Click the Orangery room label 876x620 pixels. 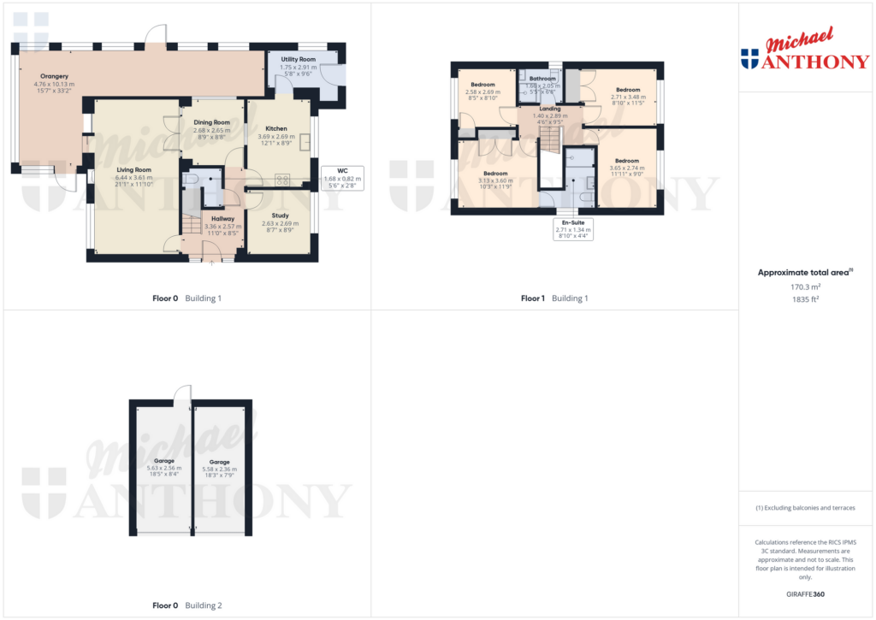click(x=54, y=76)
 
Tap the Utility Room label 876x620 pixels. click(x=299, y=59)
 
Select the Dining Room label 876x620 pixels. click(x=211, y=122)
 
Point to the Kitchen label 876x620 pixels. click(x=276, y=128)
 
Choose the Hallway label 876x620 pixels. click(x=222, y=219)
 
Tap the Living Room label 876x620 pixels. click(x=134, y=169)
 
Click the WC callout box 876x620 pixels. click(x=342, y=177)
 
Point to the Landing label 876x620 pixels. click(x=550, y=109)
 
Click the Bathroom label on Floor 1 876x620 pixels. click(x=543, y=79)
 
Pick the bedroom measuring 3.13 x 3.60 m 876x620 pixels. click(x=494, y=174)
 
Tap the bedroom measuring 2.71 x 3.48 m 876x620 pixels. click(x=629, y=90)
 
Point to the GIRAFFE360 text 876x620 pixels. click(x=805, y=593)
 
